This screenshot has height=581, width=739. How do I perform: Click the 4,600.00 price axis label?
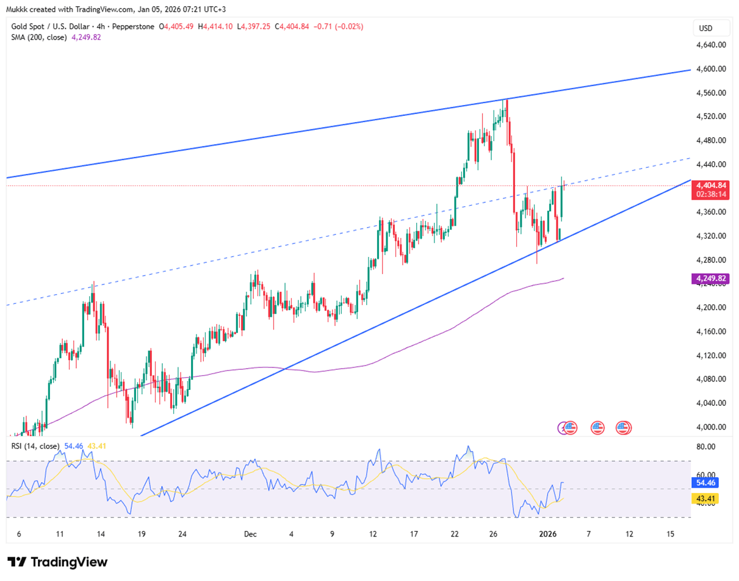coord(710,69)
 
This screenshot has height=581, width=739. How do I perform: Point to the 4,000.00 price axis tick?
coord(710,427)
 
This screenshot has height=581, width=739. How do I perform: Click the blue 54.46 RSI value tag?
coord(705,482)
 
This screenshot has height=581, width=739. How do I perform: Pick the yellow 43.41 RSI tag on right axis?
coord(705,499)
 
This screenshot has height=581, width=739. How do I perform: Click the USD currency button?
coord(705,29)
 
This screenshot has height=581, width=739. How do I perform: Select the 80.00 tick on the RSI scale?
coord(705,447)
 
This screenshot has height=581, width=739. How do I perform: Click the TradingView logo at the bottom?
coord(57,562)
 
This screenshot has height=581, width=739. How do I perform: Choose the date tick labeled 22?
coord(455,534)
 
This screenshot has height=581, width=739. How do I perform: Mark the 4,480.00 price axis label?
coord(710,140)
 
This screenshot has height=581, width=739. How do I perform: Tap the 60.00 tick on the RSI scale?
coord(705,475)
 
